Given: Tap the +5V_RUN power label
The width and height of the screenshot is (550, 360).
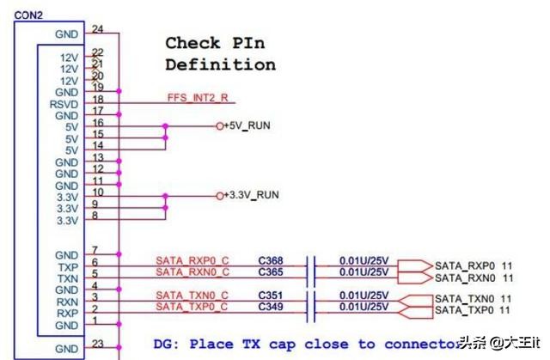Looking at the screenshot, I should pyautogui.click(x=247, y=126).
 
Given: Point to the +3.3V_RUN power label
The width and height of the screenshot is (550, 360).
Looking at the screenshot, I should pyautogui.click(x=251, y=196).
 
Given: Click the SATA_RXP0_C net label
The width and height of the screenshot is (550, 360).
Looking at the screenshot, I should pyautogui.click(x=192, y=260).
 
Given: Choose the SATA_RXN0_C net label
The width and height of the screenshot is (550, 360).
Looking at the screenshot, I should pyautogui.click(x=192, y=272).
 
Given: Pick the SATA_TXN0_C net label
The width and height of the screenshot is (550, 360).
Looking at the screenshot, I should pyautogui.click(x=192, y=295).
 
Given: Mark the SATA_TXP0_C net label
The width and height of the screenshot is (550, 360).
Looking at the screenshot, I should pyautogui.click(x=192, y=306).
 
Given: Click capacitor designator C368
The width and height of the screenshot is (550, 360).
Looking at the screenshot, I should pyautogui.click(x=272, y=260).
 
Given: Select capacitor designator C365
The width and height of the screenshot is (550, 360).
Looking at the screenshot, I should pyautogui.click(x=272, y=272).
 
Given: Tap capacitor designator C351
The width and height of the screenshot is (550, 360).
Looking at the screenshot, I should pyautogui.click(x=272, y=295).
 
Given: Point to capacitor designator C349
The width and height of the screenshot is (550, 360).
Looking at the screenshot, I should pyautogui.click(x=272, y=306).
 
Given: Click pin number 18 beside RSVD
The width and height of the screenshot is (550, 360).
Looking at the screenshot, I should pyautogui.click(x=97, y=100).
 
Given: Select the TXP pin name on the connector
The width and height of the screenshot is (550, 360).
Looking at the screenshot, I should pyautogui.click(x=67, y=267).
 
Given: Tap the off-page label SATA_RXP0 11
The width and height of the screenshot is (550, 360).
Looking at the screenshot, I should pyautogui.click(x=474, y=265).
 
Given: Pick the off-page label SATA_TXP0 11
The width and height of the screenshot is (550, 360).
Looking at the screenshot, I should pyautogui.click(x=474, y=309).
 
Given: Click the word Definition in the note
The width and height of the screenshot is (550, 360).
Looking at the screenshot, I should pyautogui.click(x=220, y=64).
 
